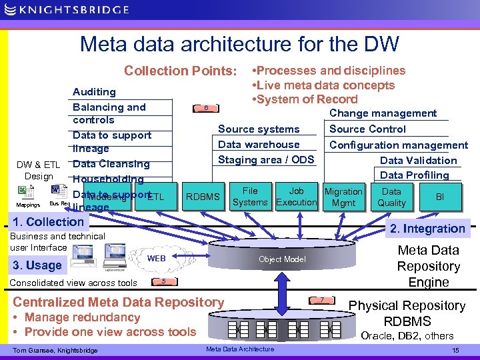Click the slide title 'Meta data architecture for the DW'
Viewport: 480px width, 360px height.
point(239,45)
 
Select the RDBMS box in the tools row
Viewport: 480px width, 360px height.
point(203,197)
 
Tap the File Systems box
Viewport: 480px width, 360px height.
point(250,197)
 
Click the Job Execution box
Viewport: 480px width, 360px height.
point(296,197)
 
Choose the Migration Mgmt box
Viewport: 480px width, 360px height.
point(343,197)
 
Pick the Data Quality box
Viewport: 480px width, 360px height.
point(391,197)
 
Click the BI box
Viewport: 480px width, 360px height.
point(439,197)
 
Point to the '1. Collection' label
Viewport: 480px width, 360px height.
point(45,222)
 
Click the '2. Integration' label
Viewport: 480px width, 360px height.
point(437,229)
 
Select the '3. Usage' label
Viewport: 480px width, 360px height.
point(37,265)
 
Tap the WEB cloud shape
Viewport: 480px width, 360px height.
point(156,258)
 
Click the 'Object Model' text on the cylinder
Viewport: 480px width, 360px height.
point(282,259)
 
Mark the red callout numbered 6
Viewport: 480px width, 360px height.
point(207,108)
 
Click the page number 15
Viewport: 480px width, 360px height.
point(455,350)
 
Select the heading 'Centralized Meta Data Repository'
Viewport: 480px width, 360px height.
point(119,302)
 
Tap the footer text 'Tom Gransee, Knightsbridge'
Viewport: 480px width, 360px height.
point(55,350)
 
